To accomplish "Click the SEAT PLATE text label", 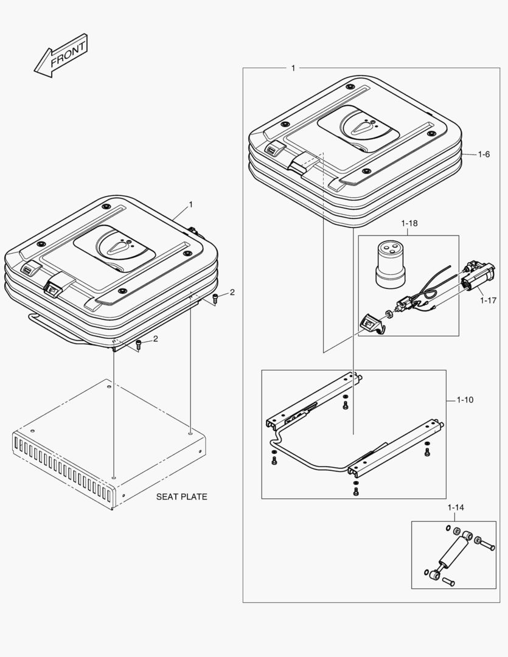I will click(x=181, y=496).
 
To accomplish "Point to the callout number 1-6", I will click(x=483, y=155).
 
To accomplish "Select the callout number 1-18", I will click(x=409, y=224).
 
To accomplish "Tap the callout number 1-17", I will click(x=487, y=299).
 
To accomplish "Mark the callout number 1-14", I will click(x=456, y=507).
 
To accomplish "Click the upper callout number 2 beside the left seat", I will click(x=232, y=292).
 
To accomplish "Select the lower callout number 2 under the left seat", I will click(x=155, y=339).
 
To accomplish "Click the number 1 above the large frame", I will click(x=293, y=68).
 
